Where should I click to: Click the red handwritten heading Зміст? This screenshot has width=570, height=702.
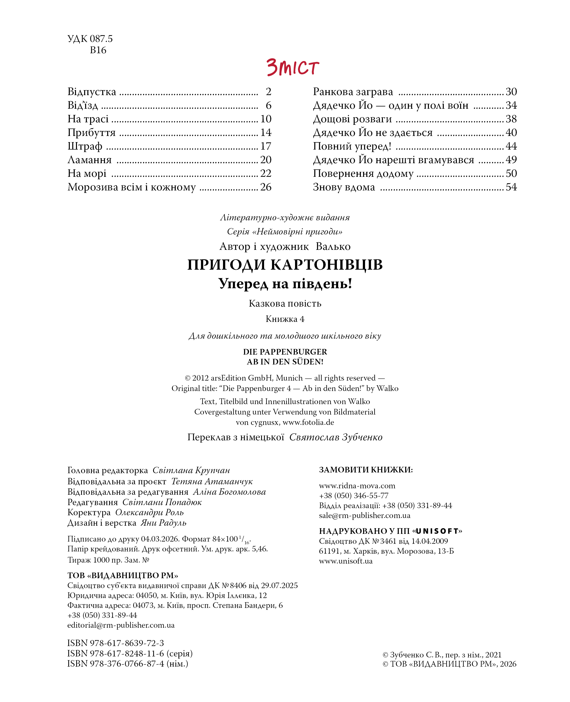tap(292, 67)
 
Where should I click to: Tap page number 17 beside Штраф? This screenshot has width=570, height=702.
tap(266, 146)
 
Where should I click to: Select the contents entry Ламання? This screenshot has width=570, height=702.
tap(89, 160)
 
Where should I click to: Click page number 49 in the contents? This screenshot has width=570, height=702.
tap(511, 160)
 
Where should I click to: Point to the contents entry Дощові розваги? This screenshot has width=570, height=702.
tap(352, 119)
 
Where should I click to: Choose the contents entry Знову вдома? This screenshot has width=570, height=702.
tap(344, 187)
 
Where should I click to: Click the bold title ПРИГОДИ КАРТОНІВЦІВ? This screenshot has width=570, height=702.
tap(285, 265)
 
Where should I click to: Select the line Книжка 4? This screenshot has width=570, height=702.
tap(285, 319)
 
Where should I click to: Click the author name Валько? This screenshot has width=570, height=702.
tap(333, 246)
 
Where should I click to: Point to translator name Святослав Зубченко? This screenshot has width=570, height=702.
tap(336, 437)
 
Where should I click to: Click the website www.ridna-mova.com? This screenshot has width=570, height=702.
tap(357, 486)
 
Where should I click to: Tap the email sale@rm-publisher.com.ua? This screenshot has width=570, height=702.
tap(365, 515)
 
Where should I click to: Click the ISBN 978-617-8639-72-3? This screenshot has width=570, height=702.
tap(116, 643)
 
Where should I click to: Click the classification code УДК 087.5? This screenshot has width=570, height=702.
tap(90, 39)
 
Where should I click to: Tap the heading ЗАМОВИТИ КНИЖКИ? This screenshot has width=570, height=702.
tap(366, 470)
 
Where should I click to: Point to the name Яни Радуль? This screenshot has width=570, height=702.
tap(163, 523)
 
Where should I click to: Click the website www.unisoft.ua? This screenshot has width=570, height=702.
tap(346, 561)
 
